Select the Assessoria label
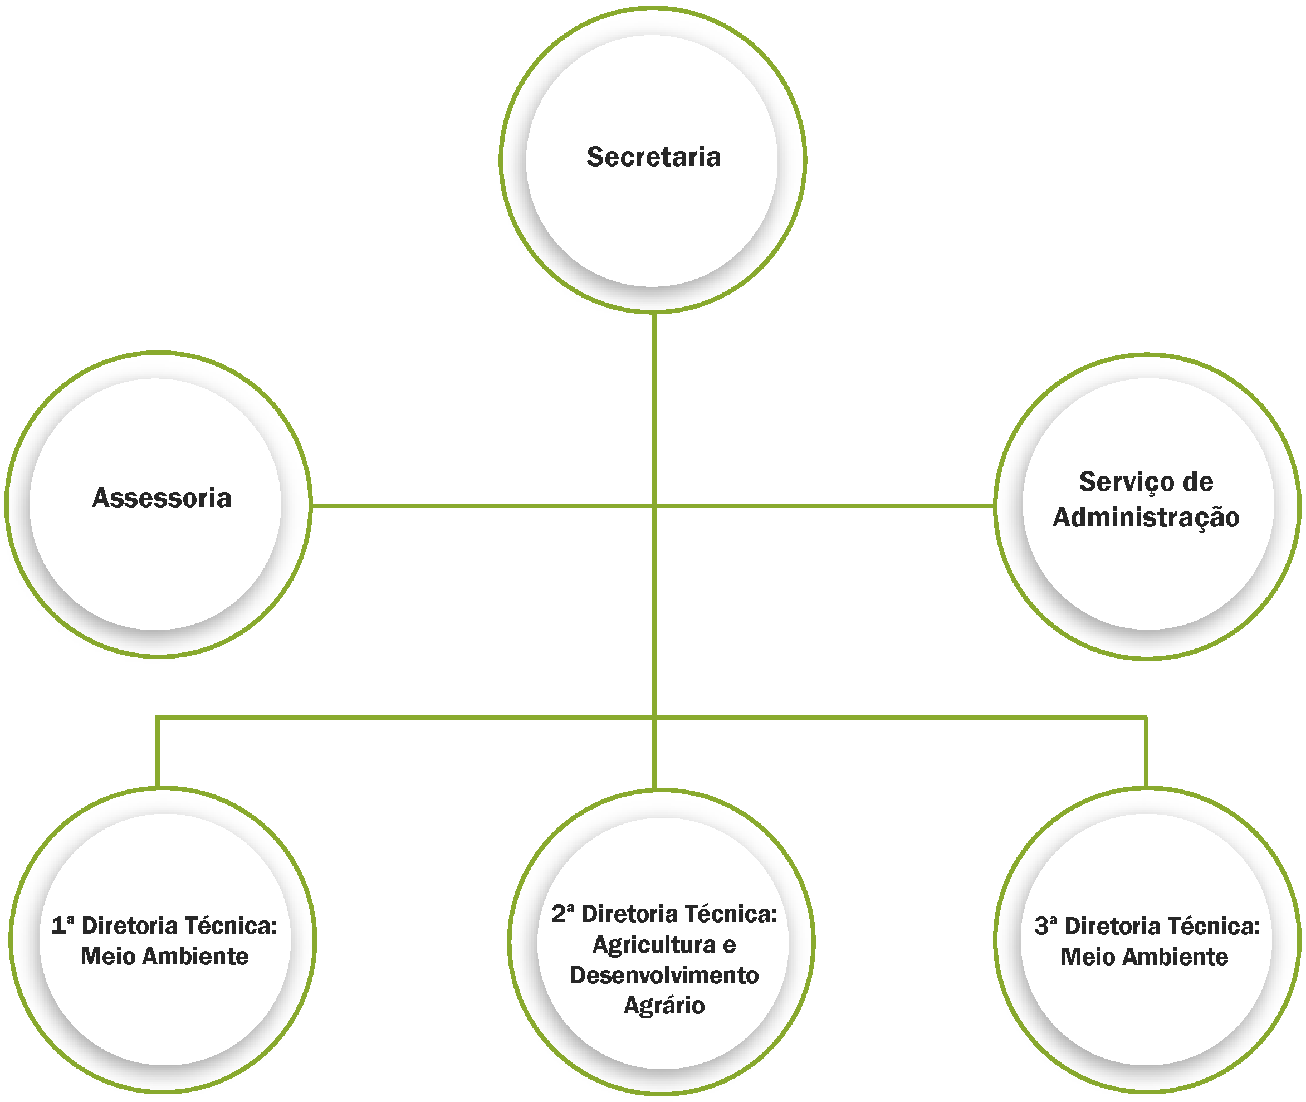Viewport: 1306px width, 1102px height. point(162,499)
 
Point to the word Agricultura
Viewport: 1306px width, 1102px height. point(653,944)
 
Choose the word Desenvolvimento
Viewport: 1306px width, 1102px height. point(664,975)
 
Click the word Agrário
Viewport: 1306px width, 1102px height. point(664,1005)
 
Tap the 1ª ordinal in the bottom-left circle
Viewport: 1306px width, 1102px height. point(62,926)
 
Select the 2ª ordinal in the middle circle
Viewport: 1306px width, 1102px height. point(562,914)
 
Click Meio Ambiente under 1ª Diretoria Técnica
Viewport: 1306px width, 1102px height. point(164,957)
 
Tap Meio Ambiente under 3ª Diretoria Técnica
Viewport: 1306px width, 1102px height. point(1144,957)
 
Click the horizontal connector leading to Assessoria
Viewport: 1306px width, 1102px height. point(481,505)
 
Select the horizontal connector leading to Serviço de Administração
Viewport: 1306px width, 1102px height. point(824,505)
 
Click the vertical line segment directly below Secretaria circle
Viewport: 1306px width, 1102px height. point(654,406)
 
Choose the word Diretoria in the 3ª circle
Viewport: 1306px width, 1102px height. point(1111,927)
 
